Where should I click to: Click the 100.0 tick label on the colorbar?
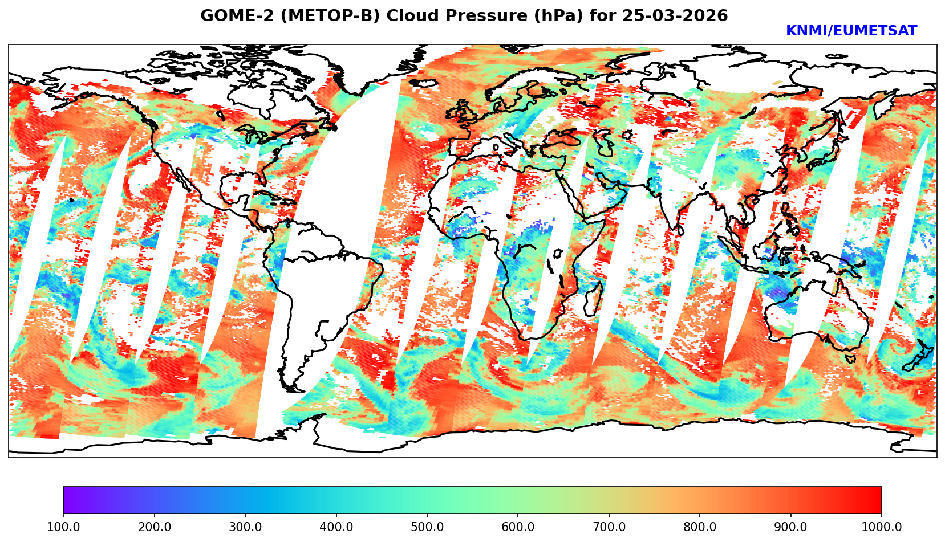[x=63, y=527]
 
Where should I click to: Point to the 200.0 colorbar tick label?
[x=154, y=527]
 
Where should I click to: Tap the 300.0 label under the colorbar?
[x=245, y=527]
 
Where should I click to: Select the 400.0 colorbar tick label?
[x=336, y=527]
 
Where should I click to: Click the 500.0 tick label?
[x=427, y=527]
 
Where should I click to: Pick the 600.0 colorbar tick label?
[x=518, y=527]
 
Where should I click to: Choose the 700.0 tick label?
[x=609, y=527]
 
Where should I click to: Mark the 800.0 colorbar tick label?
[x=700, y=527]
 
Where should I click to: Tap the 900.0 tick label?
[x=790, y=527]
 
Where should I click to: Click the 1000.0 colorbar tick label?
[x=881, y=527]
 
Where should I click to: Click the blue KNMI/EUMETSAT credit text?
[x=851, y=31]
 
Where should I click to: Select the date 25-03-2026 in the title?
[x=675, y=15]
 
